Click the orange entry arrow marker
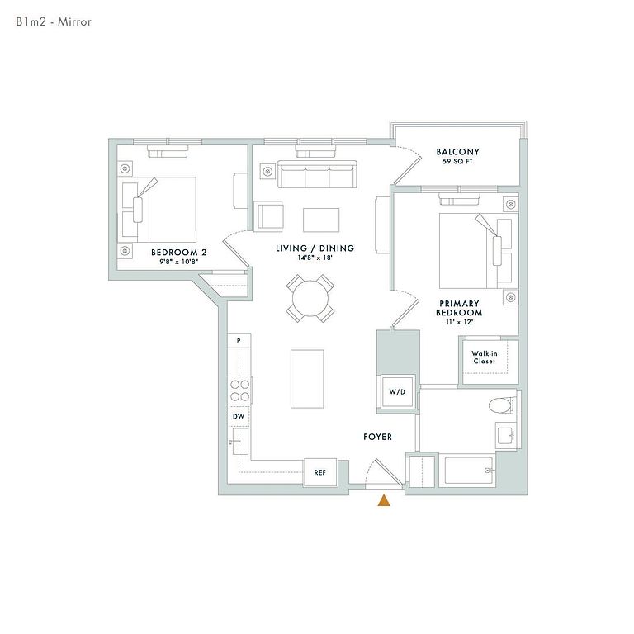pos(384,500)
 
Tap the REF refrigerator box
pos(319,472)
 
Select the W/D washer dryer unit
pos(397,392)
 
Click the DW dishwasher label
pos(238,416)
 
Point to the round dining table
pos(310,299)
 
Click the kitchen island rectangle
pos(307,379)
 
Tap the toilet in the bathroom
pos(503,405)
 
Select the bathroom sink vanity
pos(507,436)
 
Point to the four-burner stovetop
pos(239,390)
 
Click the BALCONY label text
pos(457,152)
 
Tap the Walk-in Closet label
pos(485,357)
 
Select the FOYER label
pos(377,437)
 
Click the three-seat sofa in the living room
pos(317,174)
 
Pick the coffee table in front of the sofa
pos(321,220)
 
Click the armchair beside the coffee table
pos(268,216)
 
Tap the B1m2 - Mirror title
pos(54,21)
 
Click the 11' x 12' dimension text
pos(459,322)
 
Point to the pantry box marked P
pos(239,340)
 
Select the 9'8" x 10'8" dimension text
pos(178,262)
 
